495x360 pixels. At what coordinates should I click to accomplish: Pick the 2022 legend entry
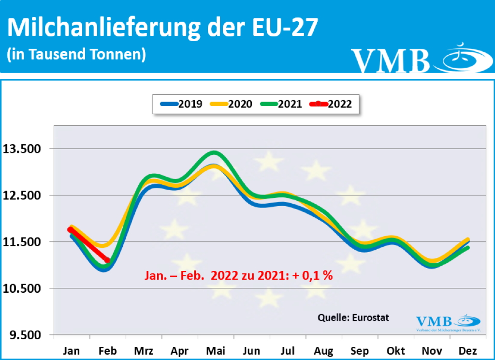334,104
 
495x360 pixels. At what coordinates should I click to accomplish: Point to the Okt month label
395,351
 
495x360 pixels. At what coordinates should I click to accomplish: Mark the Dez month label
467,351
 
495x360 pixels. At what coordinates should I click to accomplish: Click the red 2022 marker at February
107,260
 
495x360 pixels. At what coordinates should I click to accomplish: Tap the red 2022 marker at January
71,230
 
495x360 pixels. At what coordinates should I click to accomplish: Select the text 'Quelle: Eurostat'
353,318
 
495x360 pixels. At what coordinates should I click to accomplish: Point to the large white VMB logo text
390,60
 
